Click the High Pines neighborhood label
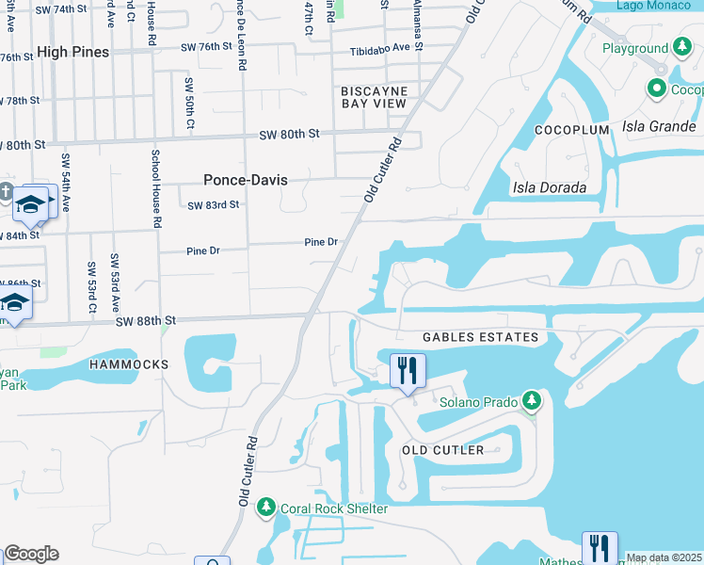(x=73, y=53)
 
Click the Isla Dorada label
(x=550, y=187)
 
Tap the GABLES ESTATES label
(x=480, y=337)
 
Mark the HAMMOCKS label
(x=129, y=363)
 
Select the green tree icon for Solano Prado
(x=532, y=401)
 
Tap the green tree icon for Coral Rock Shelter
(x=266, y=508)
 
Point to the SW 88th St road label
(x=146, y=321)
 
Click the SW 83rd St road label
(x=214, y=204)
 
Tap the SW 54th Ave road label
(x=66, y=182)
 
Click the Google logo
(x=31, y=554)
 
